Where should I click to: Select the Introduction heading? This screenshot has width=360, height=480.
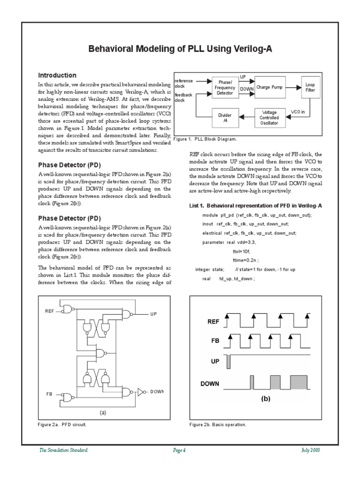(x=57, y=75)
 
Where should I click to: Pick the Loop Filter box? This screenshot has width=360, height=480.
(x=310, y=87)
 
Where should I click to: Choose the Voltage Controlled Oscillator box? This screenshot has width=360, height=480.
(x=270, y=118)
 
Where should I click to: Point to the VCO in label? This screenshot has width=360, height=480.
(x=299, y=112)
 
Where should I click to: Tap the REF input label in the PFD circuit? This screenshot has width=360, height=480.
(x=50, y=311)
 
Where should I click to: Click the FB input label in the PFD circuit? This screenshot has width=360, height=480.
(x=49, y=395)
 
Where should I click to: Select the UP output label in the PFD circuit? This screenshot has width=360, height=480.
(x=153, y=314)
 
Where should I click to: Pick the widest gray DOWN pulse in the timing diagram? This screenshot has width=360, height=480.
(x=299, y=382)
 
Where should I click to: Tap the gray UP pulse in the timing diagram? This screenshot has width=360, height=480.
(x=228, y=362)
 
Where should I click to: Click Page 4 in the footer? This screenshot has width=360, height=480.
(x=180, y=450)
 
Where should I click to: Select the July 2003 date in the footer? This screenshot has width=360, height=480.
(x=310, y=450)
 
